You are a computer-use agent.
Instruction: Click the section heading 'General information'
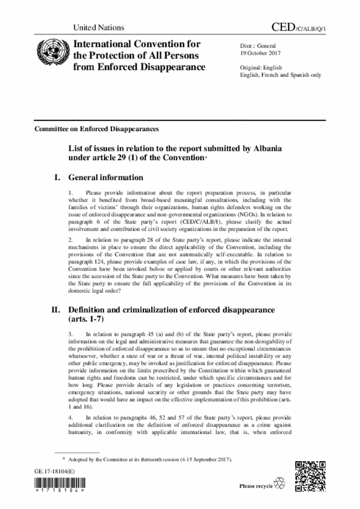tap(106, 178)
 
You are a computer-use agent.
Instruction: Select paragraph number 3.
tap(70, 334)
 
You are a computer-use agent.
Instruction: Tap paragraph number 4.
tap(70, 418)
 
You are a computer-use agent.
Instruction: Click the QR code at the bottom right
tap(310, 475)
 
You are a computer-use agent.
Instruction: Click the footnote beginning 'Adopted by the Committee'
tap(149, 460)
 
